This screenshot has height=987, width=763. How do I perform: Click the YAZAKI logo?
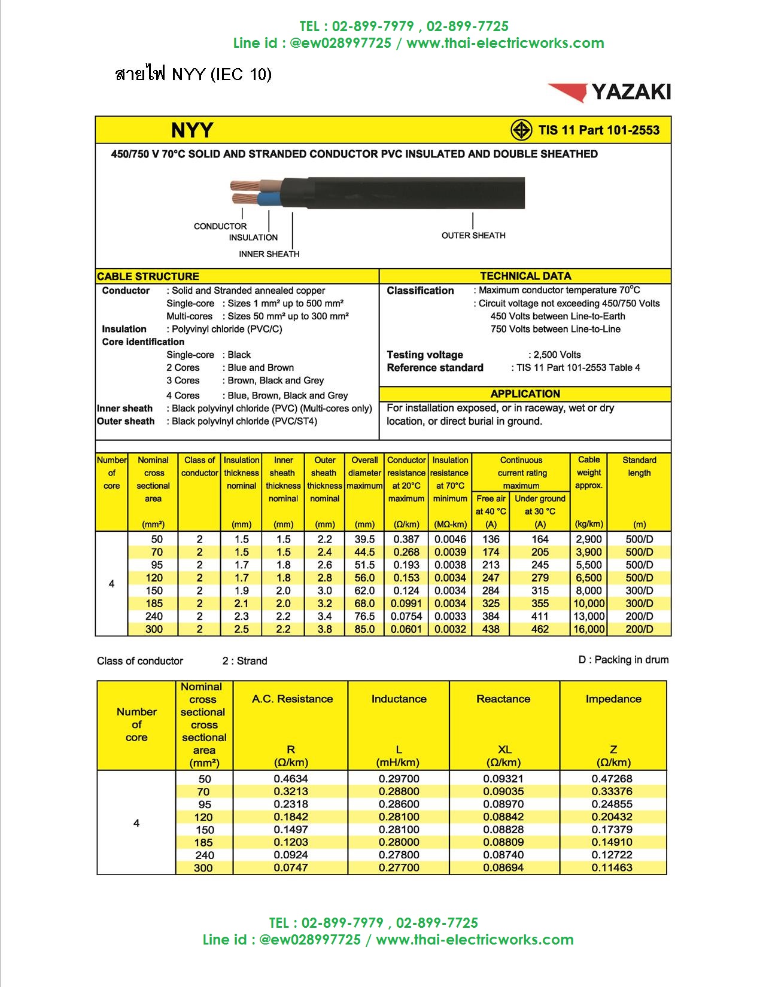(609, 92)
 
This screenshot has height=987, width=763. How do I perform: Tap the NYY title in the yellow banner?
(192, 130)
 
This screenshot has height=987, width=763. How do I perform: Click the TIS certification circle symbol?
(521, 130)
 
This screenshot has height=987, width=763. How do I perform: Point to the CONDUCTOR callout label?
(220, 226)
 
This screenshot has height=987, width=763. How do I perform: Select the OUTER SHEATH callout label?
(473, 236)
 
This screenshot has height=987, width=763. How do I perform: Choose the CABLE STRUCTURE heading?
(148, 276)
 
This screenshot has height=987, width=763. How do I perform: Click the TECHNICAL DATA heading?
(525, 276)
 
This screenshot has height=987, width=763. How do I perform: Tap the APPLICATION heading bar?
(525, 394)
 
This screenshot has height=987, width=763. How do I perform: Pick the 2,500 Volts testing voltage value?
(554, 355)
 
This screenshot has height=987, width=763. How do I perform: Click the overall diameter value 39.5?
(364, 539)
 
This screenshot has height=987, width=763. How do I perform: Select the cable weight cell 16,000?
(589, 629)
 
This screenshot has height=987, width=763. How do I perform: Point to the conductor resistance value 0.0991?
(406, 604)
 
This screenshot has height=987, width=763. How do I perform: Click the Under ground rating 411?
(540, 616)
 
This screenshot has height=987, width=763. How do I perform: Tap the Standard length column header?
(639, 467)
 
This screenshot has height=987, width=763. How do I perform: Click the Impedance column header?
(613, 699)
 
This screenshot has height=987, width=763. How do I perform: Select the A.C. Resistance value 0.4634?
(291, 779)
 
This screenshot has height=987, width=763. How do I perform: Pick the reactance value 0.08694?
(503, 867)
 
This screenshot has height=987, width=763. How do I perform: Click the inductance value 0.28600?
(399, 805)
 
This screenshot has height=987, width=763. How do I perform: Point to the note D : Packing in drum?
(623, 660)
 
